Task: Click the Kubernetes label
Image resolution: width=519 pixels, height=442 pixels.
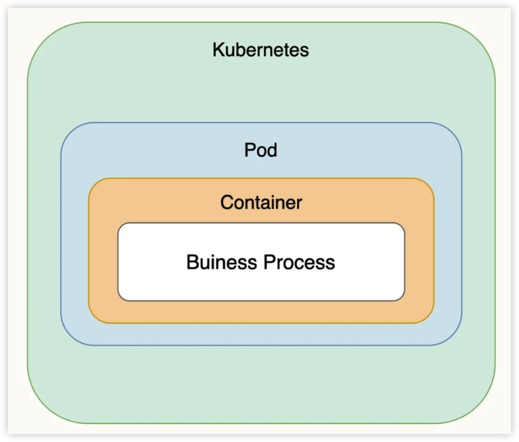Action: click(260, 50)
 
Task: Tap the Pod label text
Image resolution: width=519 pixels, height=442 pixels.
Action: click(260, 150)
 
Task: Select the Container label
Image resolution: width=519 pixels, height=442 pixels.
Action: click(261, 203)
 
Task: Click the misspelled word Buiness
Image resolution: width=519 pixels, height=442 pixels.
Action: click(222, 262)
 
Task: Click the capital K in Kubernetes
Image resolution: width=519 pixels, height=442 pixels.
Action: click(218, 50)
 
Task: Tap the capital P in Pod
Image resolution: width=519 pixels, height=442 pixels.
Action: click(249, 150)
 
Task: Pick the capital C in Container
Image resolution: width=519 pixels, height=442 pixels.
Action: click(226, 203)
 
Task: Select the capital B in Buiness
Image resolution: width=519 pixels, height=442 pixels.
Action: click(192, 262)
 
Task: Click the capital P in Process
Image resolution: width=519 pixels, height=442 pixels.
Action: click(268, 262)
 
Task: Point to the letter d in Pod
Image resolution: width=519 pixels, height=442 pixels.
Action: click(272, 150)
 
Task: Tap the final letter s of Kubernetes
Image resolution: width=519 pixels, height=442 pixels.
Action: click(305, 50)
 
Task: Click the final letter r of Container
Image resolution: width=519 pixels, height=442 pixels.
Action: click(299, 203)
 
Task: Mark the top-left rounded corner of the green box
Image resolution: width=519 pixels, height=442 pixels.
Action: click(38, 33)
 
